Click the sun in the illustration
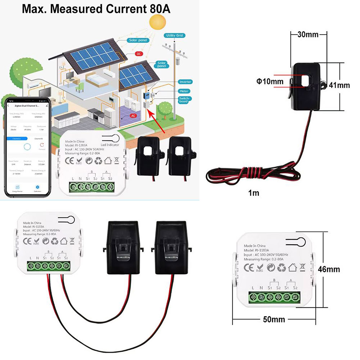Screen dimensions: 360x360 coord(157,22)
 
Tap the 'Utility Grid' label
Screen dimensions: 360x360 coord(175,36)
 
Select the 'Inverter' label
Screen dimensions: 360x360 coord(185,82)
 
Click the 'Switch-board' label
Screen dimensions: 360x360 coord(185,100)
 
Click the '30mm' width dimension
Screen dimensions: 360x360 coord(308,35)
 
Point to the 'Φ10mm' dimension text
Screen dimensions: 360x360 coord(270,81)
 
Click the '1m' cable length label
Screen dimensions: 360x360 coord(253,193)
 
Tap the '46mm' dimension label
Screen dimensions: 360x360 coord(329,269)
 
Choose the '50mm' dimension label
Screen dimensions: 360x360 coord(274,319)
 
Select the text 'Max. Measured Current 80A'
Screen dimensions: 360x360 coord(96,9)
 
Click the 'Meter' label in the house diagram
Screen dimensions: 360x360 coord(184,91)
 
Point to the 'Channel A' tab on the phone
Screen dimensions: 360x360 coord(16,138)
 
